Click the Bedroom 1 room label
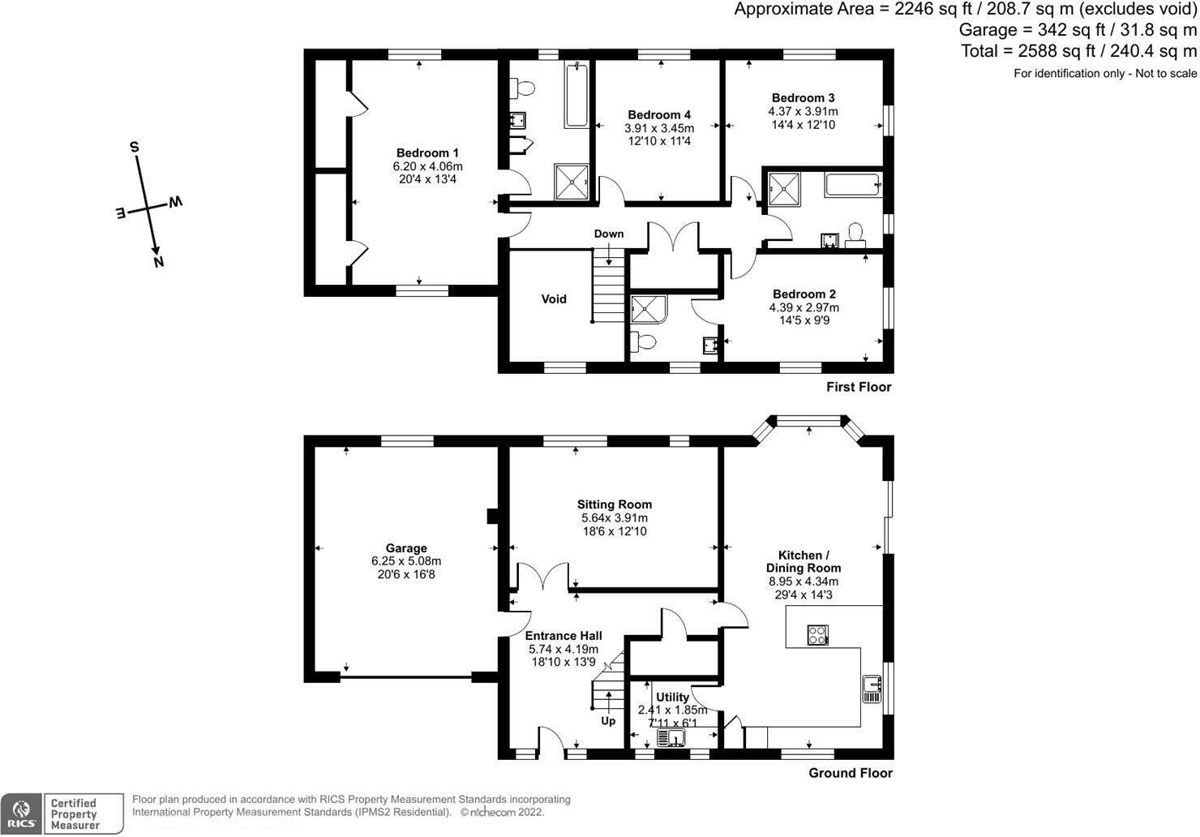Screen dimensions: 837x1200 pos(427,153)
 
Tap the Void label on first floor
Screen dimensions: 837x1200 pos(554,299)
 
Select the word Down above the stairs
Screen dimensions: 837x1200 pos(608,234)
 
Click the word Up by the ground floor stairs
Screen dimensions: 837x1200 pos(608,721)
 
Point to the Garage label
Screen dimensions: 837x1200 pos(406,548)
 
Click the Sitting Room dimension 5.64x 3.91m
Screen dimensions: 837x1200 pos(614,518)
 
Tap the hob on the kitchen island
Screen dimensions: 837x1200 pos(817,635)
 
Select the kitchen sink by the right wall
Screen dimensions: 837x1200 pos(872,689)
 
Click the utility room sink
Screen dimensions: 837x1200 pos(672,738)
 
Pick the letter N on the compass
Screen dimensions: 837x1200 pos(159,261)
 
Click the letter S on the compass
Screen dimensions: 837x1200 pos(135,147)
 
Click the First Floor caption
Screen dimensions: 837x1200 pos(859,387)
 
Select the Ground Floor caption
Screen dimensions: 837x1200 pos(850,773)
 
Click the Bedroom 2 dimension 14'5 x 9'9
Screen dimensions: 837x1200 pos(804,320)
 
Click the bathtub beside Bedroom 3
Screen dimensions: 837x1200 pos(852,185)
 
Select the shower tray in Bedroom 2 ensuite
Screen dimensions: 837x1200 pos(647,309)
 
